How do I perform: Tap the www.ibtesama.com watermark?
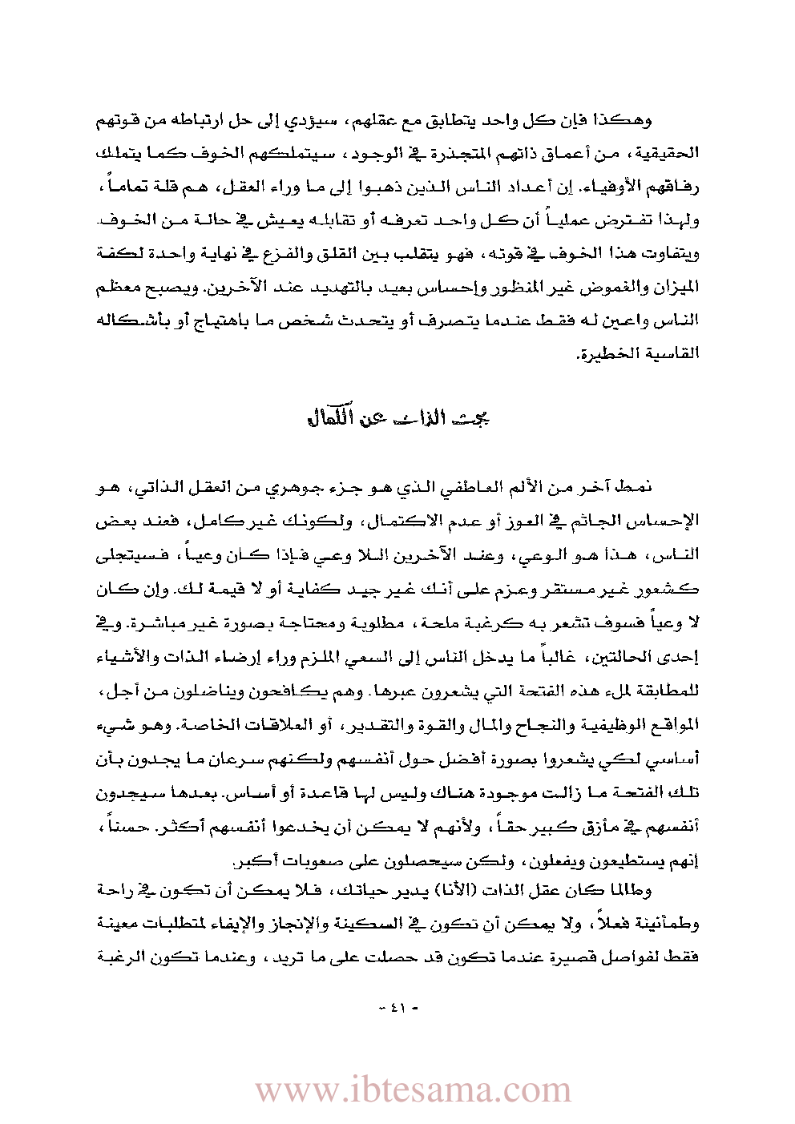414,1090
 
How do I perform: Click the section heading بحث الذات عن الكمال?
398,418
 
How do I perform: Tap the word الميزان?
677,287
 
